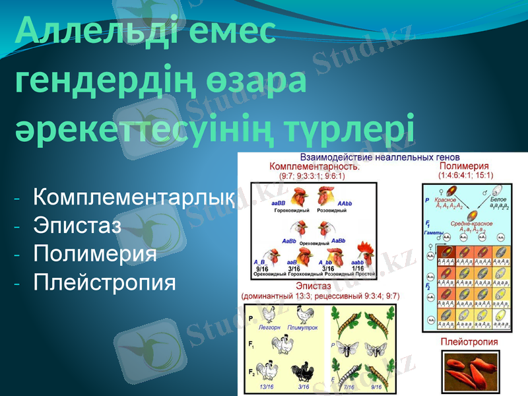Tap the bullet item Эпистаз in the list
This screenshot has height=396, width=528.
77,226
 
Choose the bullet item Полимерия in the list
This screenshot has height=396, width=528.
95,254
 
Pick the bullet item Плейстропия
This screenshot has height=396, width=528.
104,282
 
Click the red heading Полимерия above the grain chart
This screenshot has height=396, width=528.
464,167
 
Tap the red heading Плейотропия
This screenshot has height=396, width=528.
469,343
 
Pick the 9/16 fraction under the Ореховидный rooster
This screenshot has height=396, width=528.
262,269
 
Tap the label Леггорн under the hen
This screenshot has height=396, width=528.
269,327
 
